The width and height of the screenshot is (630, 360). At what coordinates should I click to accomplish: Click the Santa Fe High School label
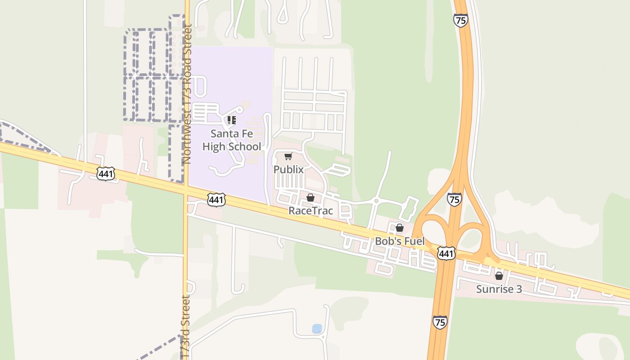[x=231, y=140]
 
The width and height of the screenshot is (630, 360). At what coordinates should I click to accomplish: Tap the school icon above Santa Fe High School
[x=231, y=120]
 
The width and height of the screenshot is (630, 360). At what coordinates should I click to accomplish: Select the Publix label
[x=288, y=170]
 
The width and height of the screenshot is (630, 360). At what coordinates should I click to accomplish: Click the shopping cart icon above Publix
[x=288, y=157]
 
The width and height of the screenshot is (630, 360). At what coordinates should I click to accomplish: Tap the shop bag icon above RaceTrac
[x=310, y=198]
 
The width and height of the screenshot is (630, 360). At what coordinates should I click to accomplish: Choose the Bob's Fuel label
[x=400, y=241]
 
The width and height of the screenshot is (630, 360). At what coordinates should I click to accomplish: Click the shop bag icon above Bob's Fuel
[x=399, y=228]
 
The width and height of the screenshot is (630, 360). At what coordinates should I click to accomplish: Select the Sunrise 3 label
[x=499, y=289]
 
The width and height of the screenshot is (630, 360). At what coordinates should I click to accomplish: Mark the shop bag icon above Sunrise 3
[x=499, y=276]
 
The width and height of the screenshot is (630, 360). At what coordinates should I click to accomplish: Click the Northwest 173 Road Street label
[x=187, y=94]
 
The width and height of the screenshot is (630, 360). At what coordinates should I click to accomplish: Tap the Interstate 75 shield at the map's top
[x=460, y=21]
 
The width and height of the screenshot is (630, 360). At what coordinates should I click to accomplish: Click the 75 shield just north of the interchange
[x=454, y=199]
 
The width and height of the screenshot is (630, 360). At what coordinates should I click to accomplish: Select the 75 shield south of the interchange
[x=440, y=322]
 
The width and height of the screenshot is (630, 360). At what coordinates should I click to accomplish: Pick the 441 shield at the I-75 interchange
[x=446, y=253]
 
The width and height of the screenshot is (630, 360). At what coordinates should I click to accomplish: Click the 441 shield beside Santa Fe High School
[x=216, y=200]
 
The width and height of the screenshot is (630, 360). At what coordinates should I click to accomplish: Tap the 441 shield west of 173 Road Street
[x=105, y=174]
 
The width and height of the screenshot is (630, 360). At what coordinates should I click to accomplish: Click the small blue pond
[x=317, y=329]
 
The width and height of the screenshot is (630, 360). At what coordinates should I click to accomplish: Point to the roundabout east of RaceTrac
[x=376, y=201]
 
